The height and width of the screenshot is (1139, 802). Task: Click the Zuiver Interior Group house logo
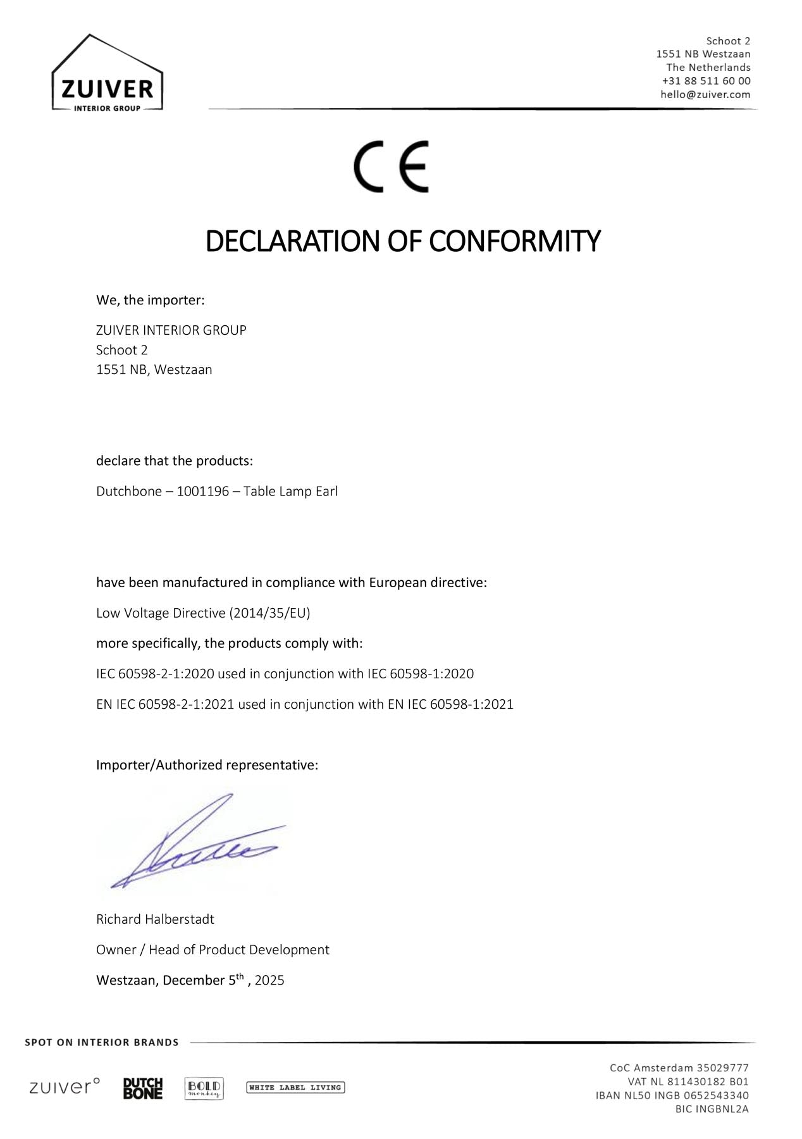click(x=107, y=73)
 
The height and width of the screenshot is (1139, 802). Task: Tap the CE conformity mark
click(x=391, y=166)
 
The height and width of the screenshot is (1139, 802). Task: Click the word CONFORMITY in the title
click(x=514, y=241)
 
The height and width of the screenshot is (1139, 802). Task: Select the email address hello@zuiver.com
click(x=705, y=94)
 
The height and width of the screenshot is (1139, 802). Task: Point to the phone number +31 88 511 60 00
click(x=706, y=81)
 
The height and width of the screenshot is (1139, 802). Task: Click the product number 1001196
click(x=202, y=492)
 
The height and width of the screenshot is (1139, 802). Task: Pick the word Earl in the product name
click(x=326, y=492)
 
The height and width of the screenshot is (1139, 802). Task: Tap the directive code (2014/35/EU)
click(x=270, y=613)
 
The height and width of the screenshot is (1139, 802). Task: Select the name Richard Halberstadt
click(x=155, y=919)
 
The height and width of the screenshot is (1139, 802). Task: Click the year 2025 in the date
click(x=269, y=981)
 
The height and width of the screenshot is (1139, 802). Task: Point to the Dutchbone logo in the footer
click(x=143, y=1088)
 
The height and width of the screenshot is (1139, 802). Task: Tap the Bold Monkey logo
click(x=204, y=1088)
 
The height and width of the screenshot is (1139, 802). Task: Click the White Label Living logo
click(x=295, y=1088)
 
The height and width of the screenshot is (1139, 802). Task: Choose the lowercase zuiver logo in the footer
click(x=65, y=1087)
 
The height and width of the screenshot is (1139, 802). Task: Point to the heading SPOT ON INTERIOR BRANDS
click(x=102, y=1042)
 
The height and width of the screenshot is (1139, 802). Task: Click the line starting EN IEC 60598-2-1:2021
click(x=304, y=704)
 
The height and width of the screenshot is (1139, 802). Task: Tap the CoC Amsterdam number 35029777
click(x=722, y=1068)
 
